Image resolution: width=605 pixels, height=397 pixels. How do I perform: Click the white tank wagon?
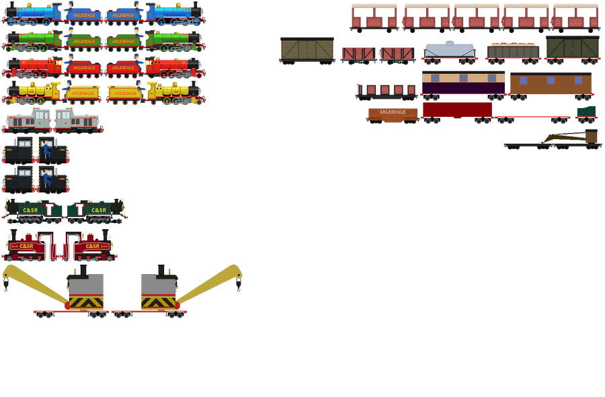tap(450, 50)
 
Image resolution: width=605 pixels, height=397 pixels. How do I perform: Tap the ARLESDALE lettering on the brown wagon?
tap(392, 112)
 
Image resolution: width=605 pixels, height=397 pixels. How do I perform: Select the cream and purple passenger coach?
tap(462, 85)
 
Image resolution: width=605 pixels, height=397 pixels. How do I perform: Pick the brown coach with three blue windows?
tap(551, 84)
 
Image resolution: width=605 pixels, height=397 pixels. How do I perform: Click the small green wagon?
tap(586, 112)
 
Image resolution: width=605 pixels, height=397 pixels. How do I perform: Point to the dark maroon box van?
tap(457, 109)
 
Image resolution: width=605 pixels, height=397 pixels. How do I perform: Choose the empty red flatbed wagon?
tap(532, 118)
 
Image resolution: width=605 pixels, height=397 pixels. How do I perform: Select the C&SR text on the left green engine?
tap(31, 210)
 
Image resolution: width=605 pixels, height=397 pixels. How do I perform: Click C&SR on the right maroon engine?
tap(91, 247)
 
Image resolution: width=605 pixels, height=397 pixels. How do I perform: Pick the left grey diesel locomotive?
tap(28, 121)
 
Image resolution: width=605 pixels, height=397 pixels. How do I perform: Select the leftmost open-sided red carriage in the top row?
tap(374, 18)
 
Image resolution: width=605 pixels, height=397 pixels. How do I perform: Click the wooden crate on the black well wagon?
tap(591, 137)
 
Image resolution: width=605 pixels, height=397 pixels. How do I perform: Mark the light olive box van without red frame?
tap(307, 50)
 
